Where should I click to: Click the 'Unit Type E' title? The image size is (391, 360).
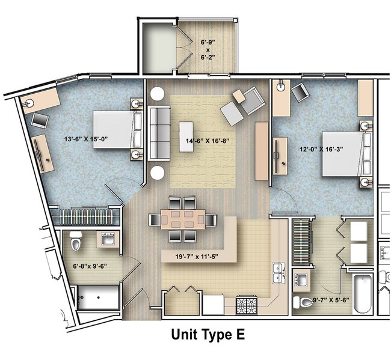coord(208,334)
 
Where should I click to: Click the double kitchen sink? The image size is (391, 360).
coord(279,273)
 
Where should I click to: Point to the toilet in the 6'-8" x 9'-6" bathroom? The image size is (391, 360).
coord(76,242)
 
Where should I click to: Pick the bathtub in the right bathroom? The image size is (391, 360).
coord(362,293)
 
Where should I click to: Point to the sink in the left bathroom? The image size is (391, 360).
coord(109,240)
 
